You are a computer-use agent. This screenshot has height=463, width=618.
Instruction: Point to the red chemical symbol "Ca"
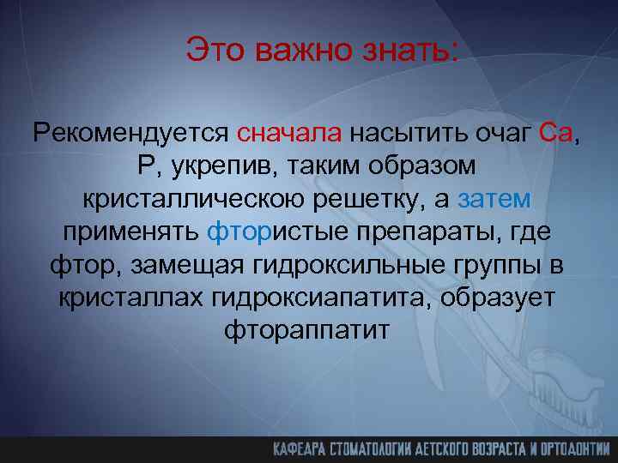[x=559, y=133]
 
